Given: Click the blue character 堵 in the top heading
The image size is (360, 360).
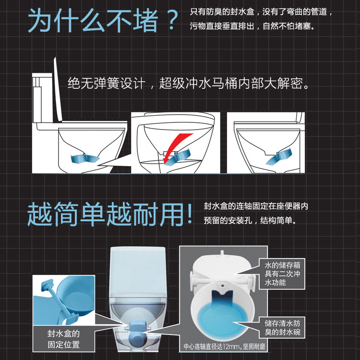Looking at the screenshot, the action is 145,20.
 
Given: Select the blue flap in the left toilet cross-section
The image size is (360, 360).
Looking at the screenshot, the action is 84,159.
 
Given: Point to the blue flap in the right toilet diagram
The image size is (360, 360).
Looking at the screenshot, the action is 279,156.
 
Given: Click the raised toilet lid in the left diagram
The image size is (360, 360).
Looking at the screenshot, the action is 58,90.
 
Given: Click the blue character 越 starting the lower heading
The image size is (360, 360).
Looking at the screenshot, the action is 40,214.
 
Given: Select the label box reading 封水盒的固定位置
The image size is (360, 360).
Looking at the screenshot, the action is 64,339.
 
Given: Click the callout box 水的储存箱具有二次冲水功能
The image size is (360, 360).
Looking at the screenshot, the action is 282,274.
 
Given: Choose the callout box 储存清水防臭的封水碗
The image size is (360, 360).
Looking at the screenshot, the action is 282,328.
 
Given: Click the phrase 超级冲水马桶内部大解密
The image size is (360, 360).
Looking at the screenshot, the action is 234,83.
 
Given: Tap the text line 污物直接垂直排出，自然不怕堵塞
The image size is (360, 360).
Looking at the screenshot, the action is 252,26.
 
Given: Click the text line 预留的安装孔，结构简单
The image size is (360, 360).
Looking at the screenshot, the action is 250,220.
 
